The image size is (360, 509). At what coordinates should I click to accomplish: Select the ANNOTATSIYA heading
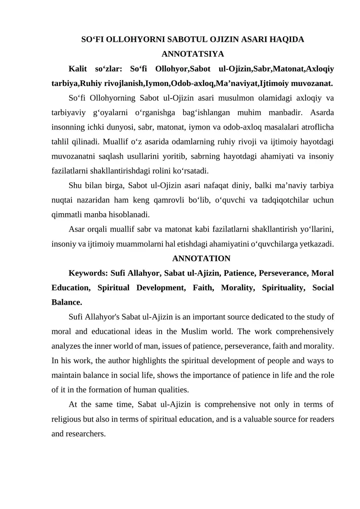tap(193, 54)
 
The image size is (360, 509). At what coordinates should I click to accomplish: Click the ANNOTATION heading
tap(201, 258)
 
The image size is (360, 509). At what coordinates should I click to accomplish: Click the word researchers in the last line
tap(85, 434)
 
